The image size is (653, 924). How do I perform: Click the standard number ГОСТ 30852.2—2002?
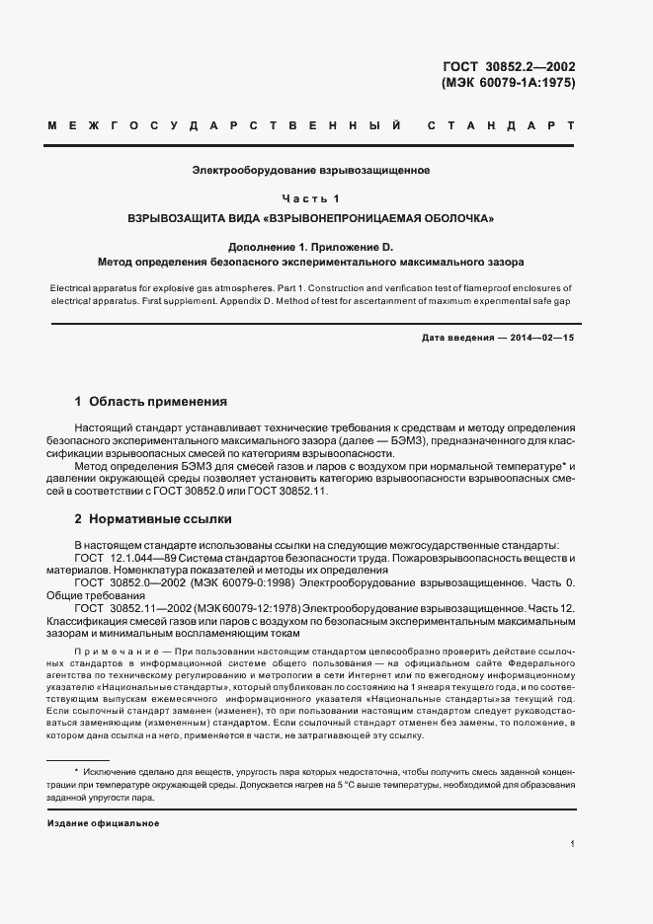(x=509, y=68)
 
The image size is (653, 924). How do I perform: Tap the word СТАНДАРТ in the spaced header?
(x=501, y=126)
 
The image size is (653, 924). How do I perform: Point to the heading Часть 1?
(x=310, y=198)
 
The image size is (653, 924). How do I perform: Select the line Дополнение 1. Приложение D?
(x=310, y=246)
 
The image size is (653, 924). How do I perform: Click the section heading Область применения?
(x=158, y=402)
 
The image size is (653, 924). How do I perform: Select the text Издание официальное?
(x=103, y=822)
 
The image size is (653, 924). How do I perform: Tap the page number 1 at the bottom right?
(x=573, y=844)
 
